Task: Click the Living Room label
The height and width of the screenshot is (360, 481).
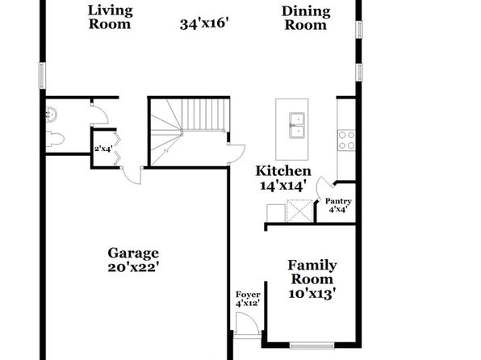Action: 110,17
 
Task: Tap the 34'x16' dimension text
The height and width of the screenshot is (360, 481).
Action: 204,24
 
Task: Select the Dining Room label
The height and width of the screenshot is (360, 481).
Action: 306,18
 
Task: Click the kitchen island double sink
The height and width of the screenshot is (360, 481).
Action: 297,125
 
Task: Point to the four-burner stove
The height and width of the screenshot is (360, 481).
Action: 346,140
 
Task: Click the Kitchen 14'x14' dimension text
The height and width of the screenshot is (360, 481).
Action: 283,186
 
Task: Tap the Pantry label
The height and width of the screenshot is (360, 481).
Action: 338,201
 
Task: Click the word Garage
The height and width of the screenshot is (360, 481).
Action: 133,253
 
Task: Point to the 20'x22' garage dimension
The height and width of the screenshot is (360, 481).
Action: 133,267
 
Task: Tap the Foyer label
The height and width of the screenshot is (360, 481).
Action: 248,295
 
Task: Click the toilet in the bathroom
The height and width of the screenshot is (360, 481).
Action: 55,139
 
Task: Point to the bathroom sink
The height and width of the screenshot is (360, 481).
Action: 51,115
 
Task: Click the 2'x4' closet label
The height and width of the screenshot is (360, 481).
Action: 103,149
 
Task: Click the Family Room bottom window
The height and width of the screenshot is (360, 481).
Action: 312,346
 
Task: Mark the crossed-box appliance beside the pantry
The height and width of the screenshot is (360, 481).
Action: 299,211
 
